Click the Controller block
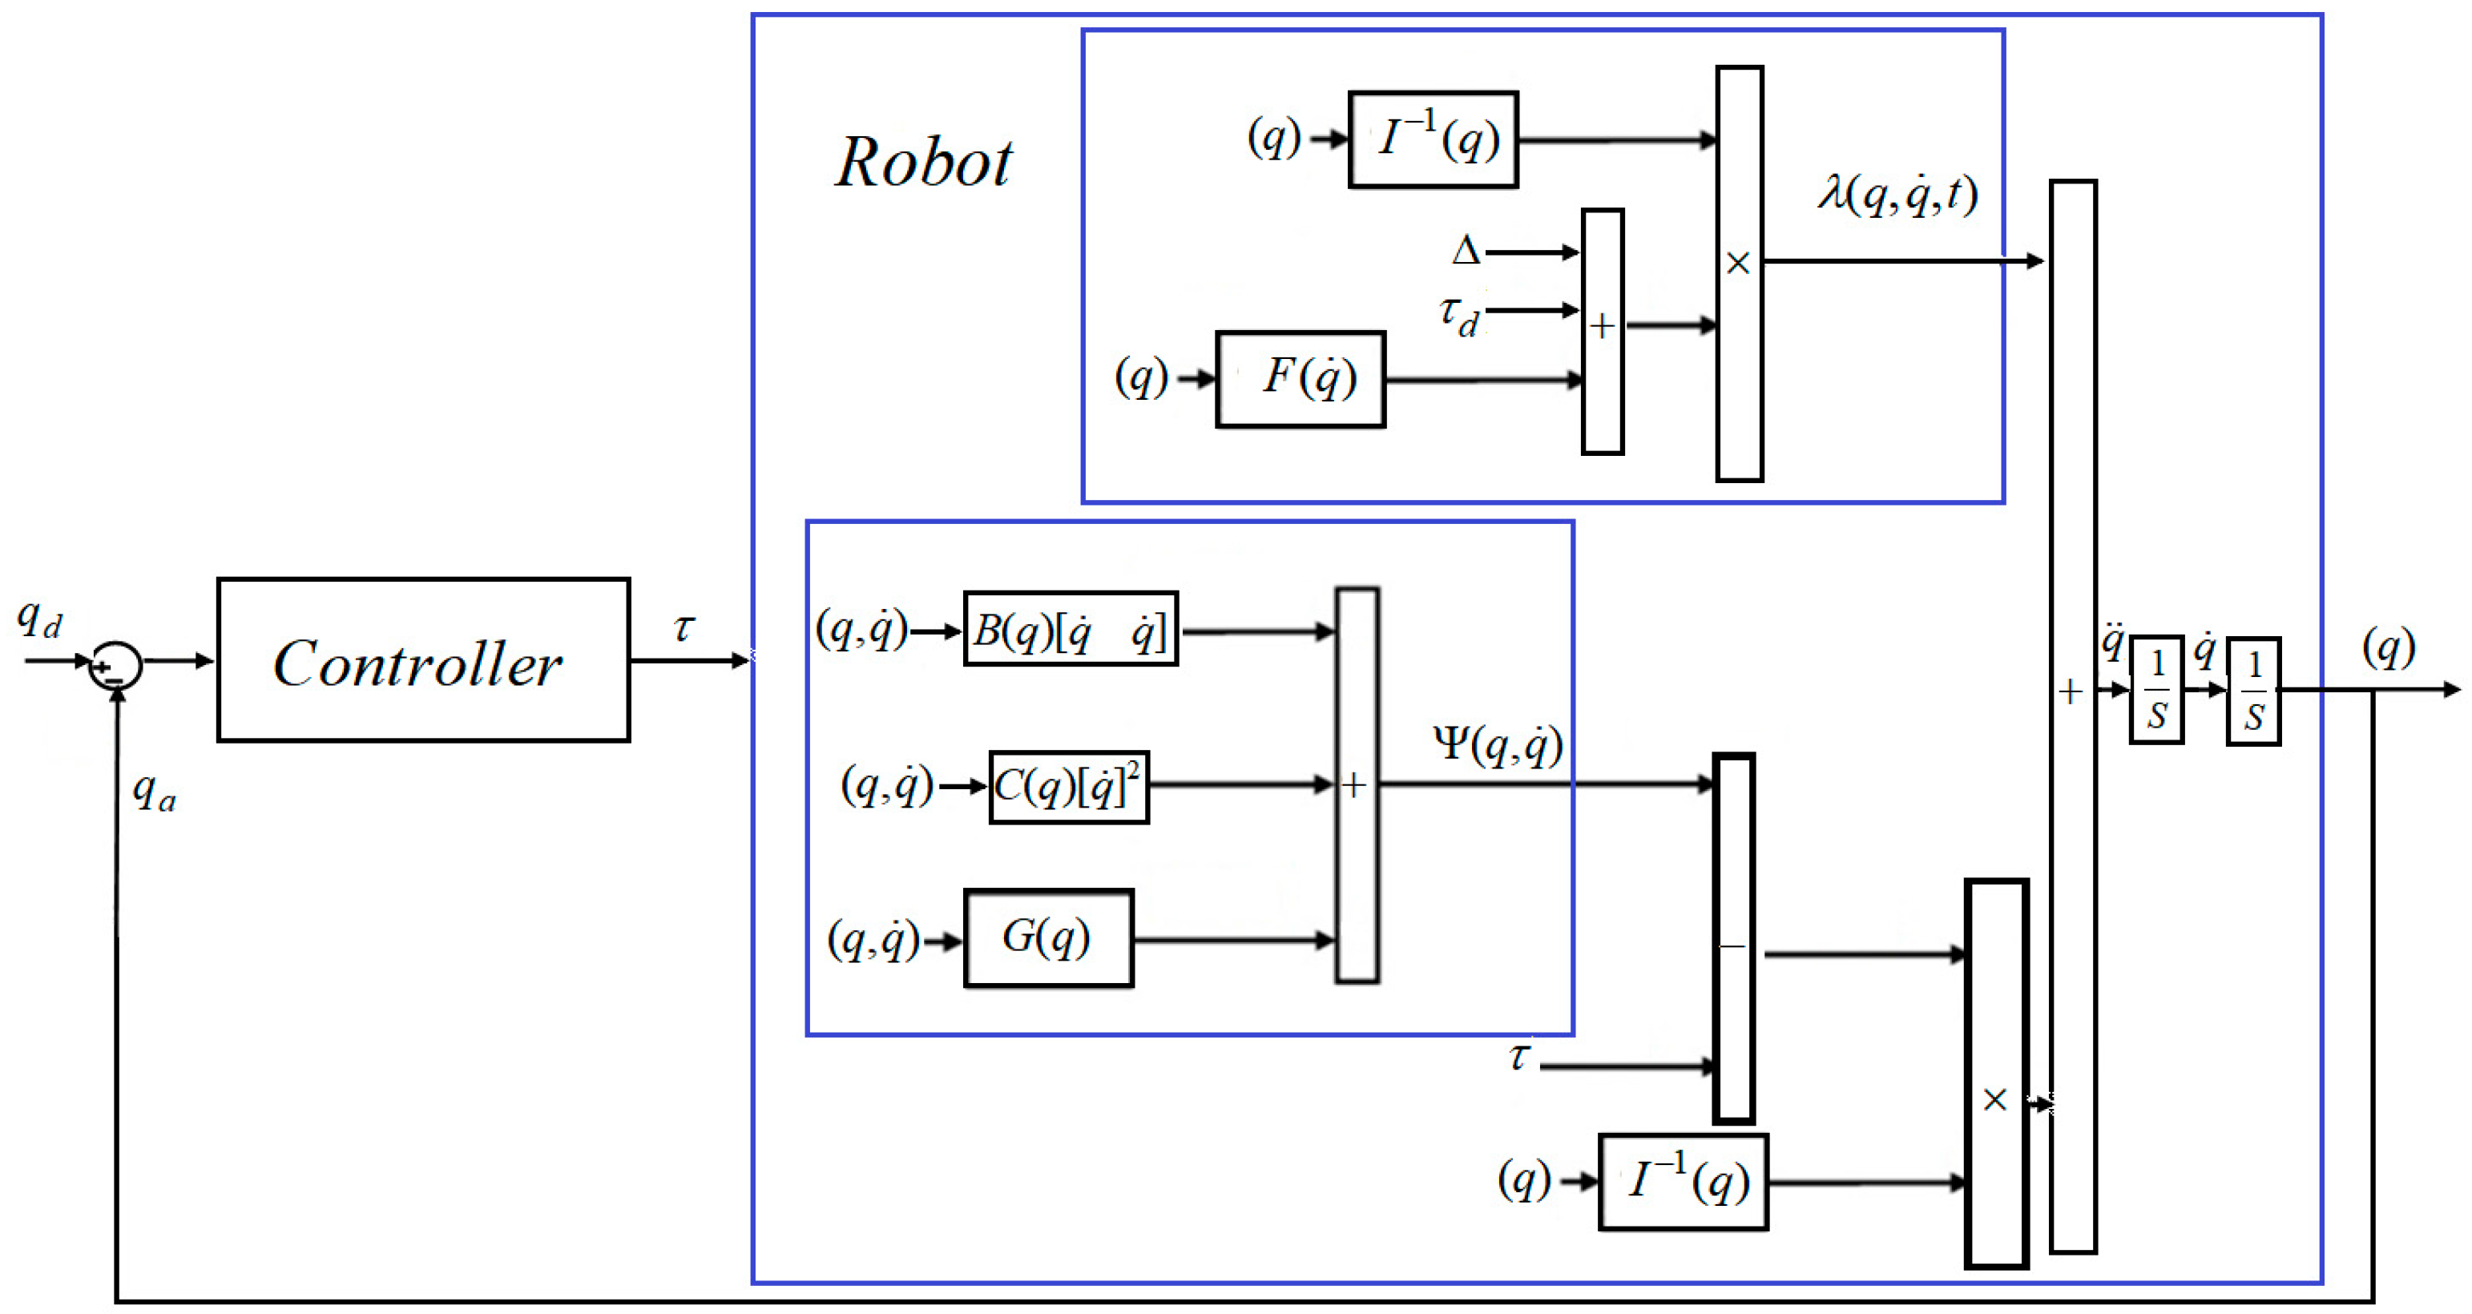click(x=422, y=660)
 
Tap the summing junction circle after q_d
click(x=115, y=665)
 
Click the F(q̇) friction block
click(x=1301, y=379)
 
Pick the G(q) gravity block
click(x=1048, y=937)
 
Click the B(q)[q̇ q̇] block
click(x=1070, y=630)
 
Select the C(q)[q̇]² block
click(x=1068, y=787)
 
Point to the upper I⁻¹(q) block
click(x=1433, y=140)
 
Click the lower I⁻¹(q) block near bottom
click(x=1684, y=1182)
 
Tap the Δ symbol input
click(x=1466, y=252)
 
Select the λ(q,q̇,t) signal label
click(x=1897, y=195)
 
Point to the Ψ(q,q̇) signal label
click(x=1497, y=744)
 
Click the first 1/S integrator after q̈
click(x=2156, y=689)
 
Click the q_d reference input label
click(x=39, y=619)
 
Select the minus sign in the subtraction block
click(x=1732, y=946)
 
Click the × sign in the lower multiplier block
click(x=1995, y=1099)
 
